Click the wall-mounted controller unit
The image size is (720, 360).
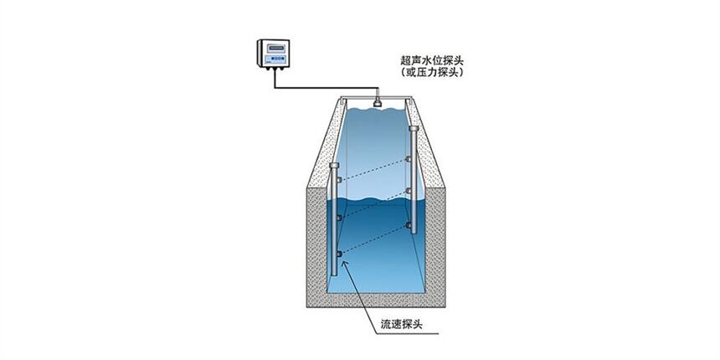pyautogui.click(x=273, y=54)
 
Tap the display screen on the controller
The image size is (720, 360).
pyautogui.click(x=276, y=48)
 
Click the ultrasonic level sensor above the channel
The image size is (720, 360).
pyautogui.click(x=378, y=102)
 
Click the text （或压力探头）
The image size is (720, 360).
pyautogui.click(x=432, y=73)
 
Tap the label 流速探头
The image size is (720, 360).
pyautogui.click(x=401, y=324)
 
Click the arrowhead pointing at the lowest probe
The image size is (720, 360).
pyautogui.click(x=342, y=263)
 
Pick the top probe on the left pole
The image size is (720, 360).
pyautogui.click(x=339, y=179)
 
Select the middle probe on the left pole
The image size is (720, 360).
pyautogui.click(x=339, y=218)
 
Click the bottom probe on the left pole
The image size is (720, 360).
pyautogui.click(x=339, y=254)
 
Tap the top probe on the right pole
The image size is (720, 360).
pyautogui.click(x=409, y=159)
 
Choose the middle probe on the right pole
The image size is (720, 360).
pyautogui.click(x=409, y=191)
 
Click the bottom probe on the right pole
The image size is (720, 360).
pyautogui.click(x=409, y=225)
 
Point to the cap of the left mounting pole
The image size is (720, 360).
pyautogui.click(x=334, y=165)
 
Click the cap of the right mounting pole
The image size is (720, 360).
pyautogui.click(x=414, y=128)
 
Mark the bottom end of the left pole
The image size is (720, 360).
pyautogui.click(x=334, y=275)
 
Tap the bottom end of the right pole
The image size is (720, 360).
pyautogui.click(x=414, y=233)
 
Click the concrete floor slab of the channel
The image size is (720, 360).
pyautogui.click(x=376, y=301)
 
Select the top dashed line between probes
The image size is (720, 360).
pyautogui.click(x=373, y=169)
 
